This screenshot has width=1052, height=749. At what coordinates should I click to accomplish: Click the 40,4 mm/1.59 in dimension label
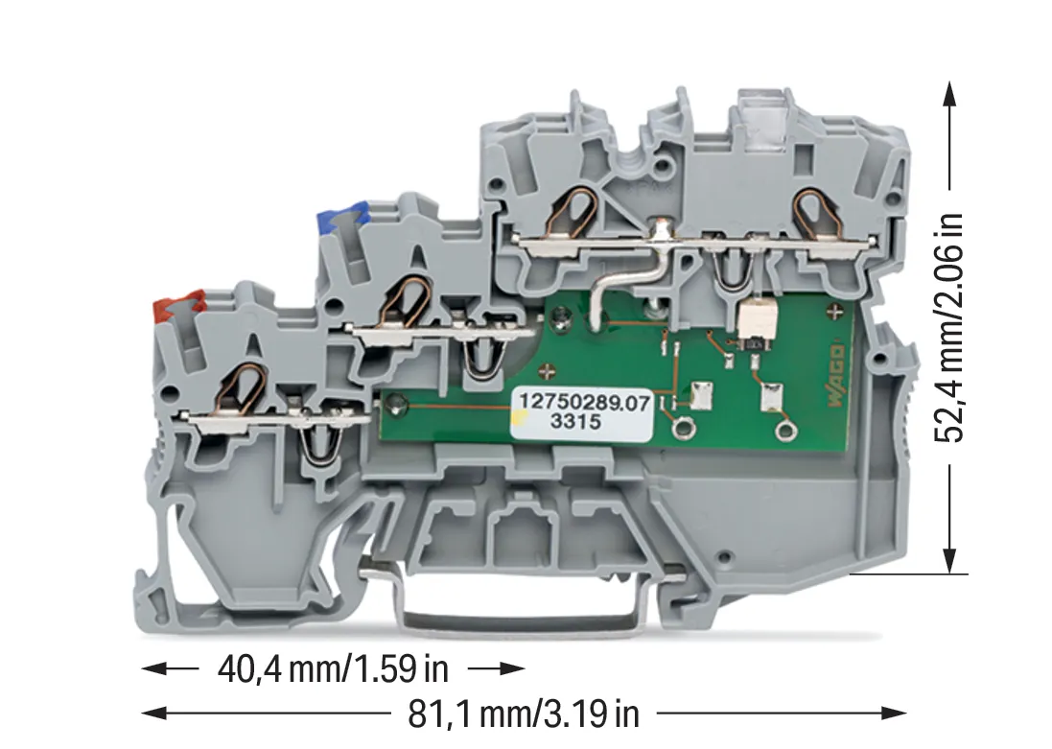(333, 668)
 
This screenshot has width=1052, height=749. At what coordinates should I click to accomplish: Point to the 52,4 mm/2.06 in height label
(948, 328)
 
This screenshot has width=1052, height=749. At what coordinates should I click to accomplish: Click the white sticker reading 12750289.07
(582, 412)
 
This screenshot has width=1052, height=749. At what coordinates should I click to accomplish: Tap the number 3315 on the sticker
(575, 422)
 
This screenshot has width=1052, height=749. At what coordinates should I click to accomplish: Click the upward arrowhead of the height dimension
(948, 94)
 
